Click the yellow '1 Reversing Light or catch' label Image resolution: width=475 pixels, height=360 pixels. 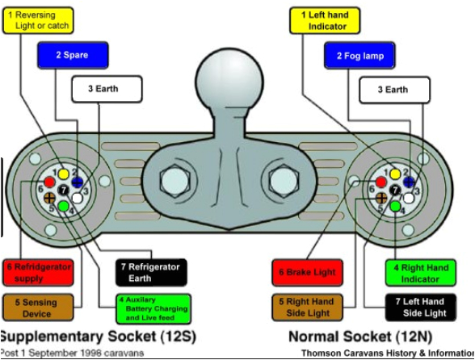(x=37, y=19)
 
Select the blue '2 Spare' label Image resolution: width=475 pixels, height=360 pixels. (x=73, y=56)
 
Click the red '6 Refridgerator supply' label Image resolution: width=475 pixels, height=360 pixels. (x=38, y=272)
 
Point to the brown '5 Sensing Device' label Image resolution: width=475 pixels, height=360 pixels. (x=38, y=307)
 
